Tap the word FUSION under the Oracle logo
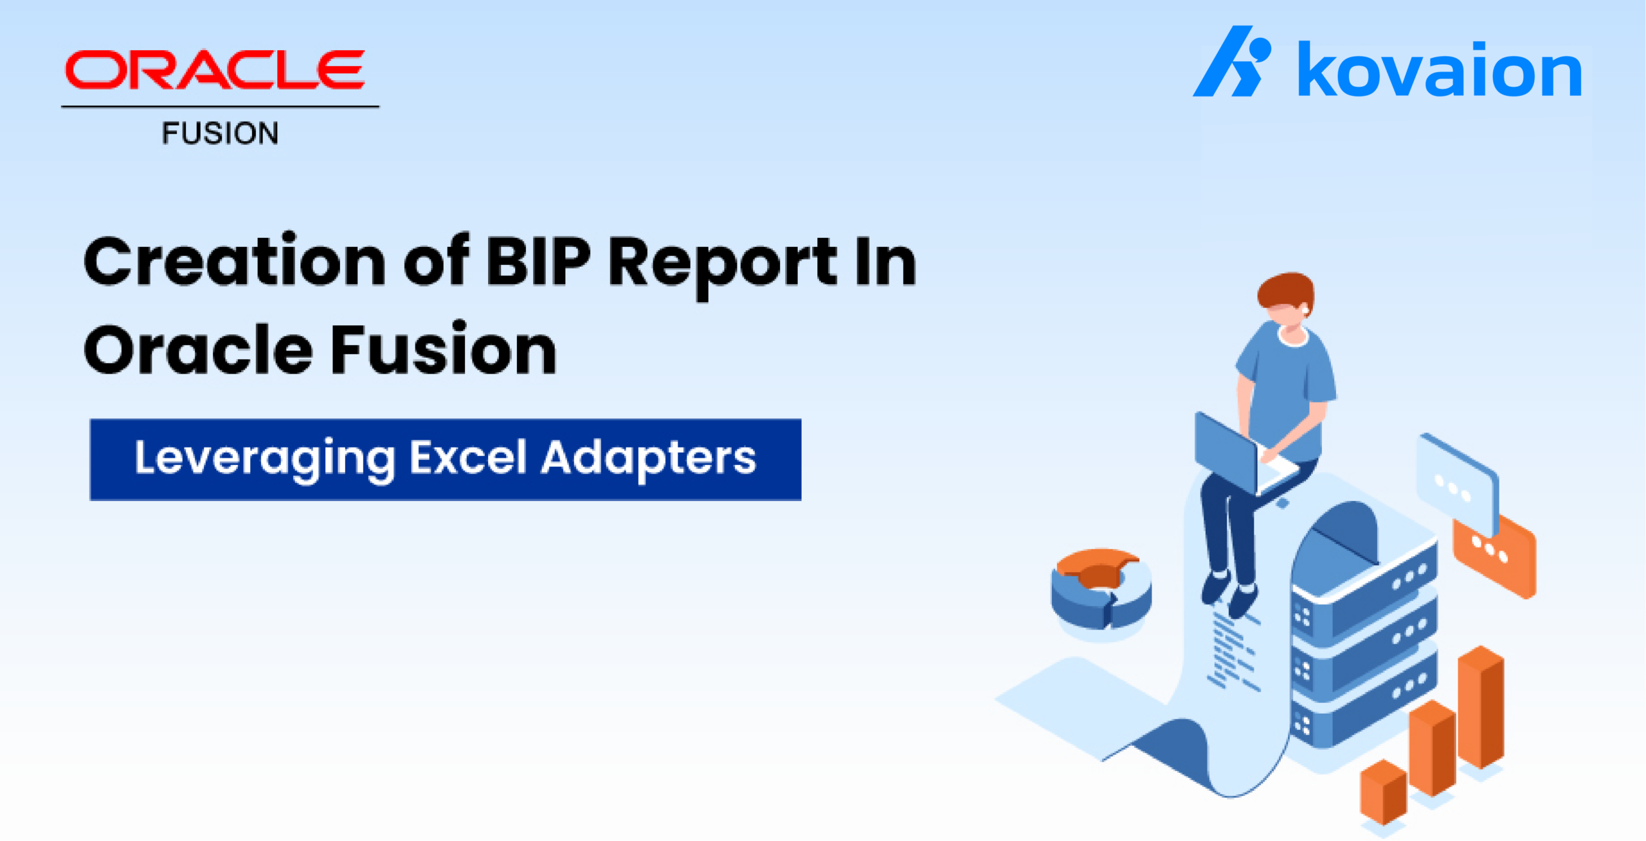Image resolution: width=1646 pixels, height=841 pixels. (220, 133)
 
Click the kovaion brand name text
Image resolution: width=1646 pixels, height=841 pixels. (1440, 69)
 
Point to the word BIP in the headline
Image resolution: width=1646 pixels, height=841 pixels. (538, 260)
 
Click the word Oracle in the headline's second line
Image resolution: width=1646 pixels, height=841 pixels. (198, 349)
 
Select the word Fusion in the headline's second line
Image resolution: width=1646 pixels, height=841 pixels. (444, 349)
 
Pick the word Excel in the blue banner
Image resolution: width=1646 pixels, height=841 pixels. (469, 457)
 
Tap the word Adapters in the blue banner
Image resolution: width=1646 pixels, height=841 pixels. (649, 459)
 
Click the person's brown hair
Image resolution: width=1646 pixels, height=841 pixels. (1286, 291)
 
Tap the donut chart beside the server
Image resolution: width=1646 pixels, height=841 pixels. (1101, 588)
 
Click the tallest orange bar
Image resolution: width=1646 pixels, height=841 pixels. (1481, 707)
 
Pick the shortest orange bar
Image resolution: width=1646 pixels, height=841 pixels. (1383, 792)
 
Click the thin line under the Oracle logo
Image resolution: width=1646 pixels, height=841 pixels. (220, 107)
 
